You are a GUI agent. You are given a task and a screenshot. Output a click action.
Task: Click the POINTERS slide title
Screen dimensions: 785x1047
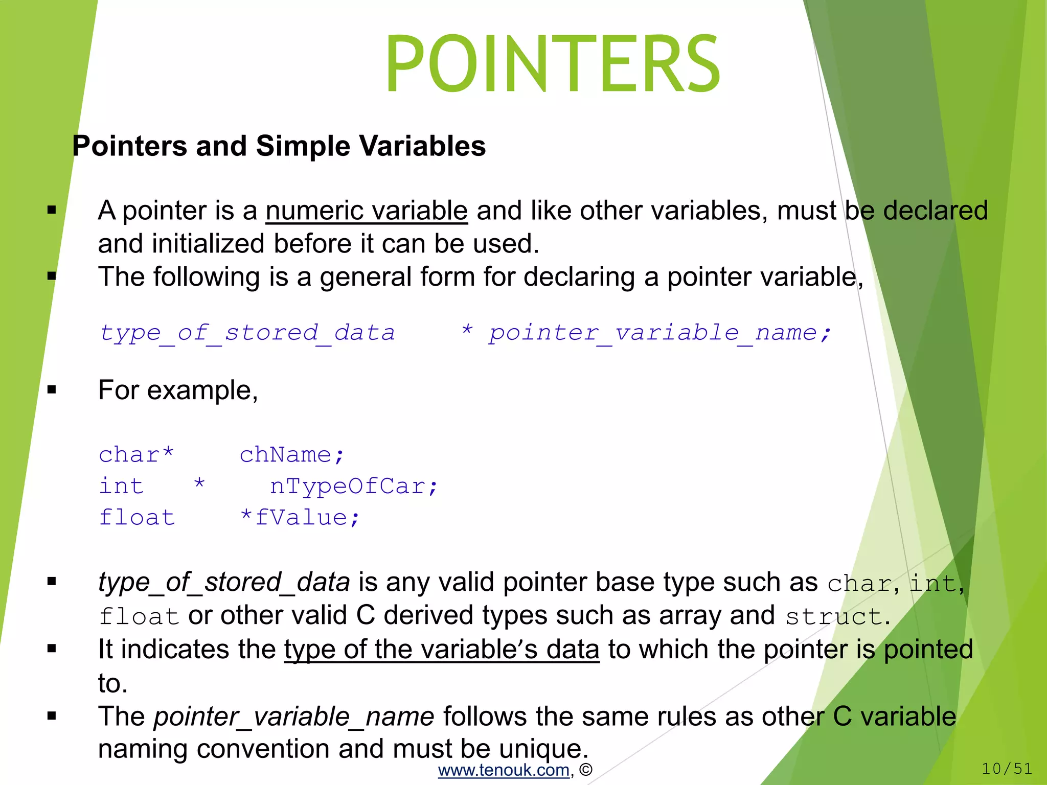tap(553, 63)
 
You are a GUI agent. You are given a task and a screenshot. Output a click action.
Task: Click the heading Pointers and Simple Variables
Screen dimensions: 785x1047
tap(279, 146)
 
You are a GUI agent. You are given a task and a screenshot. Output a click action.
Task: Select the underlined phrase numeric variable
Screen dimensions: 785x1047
tap(367, 211)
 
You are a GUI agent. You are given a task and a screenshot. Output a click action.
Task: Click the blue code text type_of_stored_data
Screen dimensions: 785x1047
tap(247, 333)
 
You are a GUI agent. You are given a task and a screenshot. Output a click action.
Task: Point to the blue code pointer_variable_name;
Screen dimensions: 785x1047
tap(659, 333)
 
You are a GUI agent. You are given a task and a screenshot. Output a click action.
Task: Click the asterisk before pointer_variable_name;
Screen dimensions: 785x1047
tap(467, 331)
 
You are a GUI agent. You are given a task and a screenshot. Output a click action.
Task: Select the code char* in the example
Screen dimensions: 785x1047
tap(136, 454)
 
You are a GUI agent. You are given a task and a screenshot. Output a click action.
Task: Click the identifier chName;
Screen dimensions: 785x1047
tap(292, 454)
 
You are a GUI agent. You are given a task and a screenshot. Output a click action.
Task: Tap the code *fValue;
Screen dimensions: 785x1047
tap(300, 517)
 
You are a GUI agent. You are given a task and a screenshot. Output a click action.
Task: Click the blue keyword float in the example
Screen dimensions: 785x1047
tap(137, 517)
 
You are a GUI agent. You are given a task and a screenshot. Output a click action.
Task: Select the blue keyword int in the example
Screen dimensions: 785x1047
tap(121, 486)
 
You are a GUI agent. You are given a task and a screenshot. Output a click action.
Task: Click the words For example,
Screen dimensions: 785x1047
tap(178, 390)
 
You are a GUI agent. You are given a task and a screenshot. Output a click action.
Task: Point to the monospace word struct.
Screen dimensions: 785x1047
tap(833, 616)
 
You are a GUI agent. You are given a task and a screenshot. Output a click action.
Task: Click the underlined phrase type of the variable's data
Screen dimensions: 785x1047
tap(442, 650)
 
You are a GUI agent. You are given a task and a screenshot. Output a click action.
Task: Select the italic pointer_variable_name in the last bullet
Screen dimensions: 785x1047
tap(294, 717)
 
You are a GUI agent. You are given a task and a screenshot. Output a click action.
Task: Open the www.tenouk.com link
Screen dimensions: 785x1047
tap(504, 770)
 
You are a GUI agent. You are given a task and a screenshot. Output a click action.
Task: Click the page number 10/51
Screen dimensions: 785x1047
tap(1007, 768)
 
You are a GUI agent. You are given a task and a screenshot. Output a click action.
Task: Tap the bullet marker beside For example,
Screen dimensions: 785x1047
tap(52, 390)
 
